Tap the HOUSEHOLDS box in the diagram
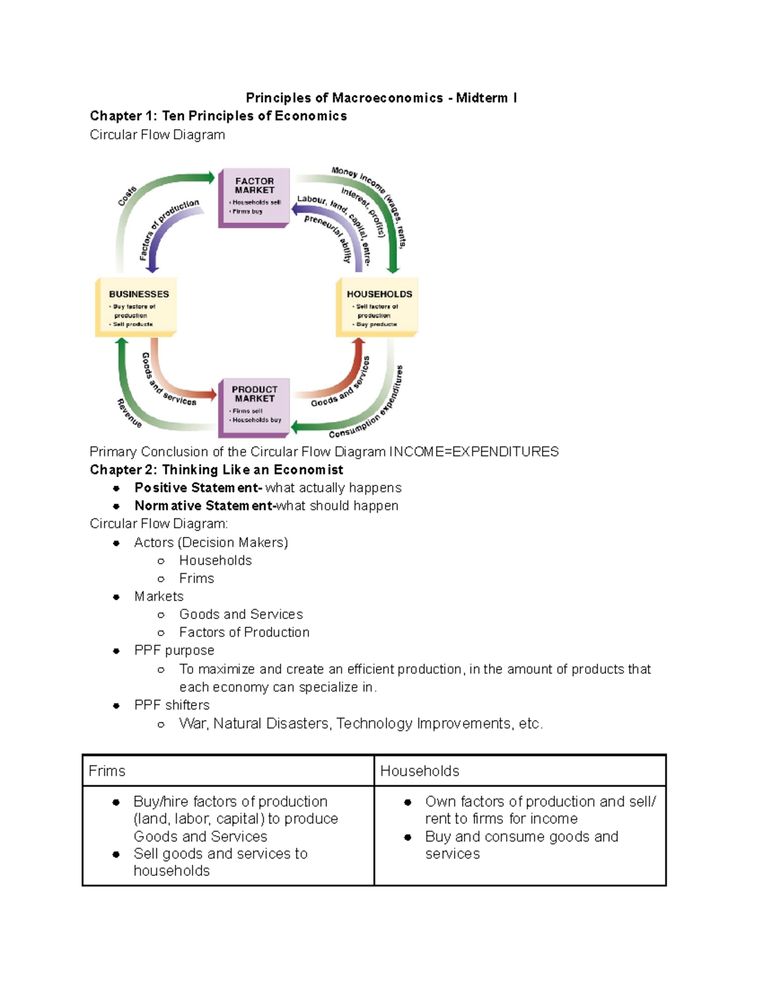tap(378, 307)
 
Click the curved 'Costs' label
tap(127, 196)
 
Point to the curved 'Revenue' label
tap(129, 413)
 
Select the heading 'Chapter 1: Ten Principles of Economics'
tap(218, 116)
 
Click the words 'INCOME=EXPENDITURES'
tap(474, 452)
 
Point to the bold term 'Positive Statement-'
tap(198, 488)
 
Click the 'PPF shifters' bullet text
tap(172, 705)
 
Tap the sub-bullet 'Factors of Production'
tap(244, 632)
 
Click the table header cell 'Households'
tap(420, 771)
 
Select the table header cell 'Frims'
tap(107, 771)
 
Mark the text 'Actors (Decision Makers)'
tap(211, 543)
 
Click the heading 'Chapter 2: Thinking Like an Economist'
tap(216, 470)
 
